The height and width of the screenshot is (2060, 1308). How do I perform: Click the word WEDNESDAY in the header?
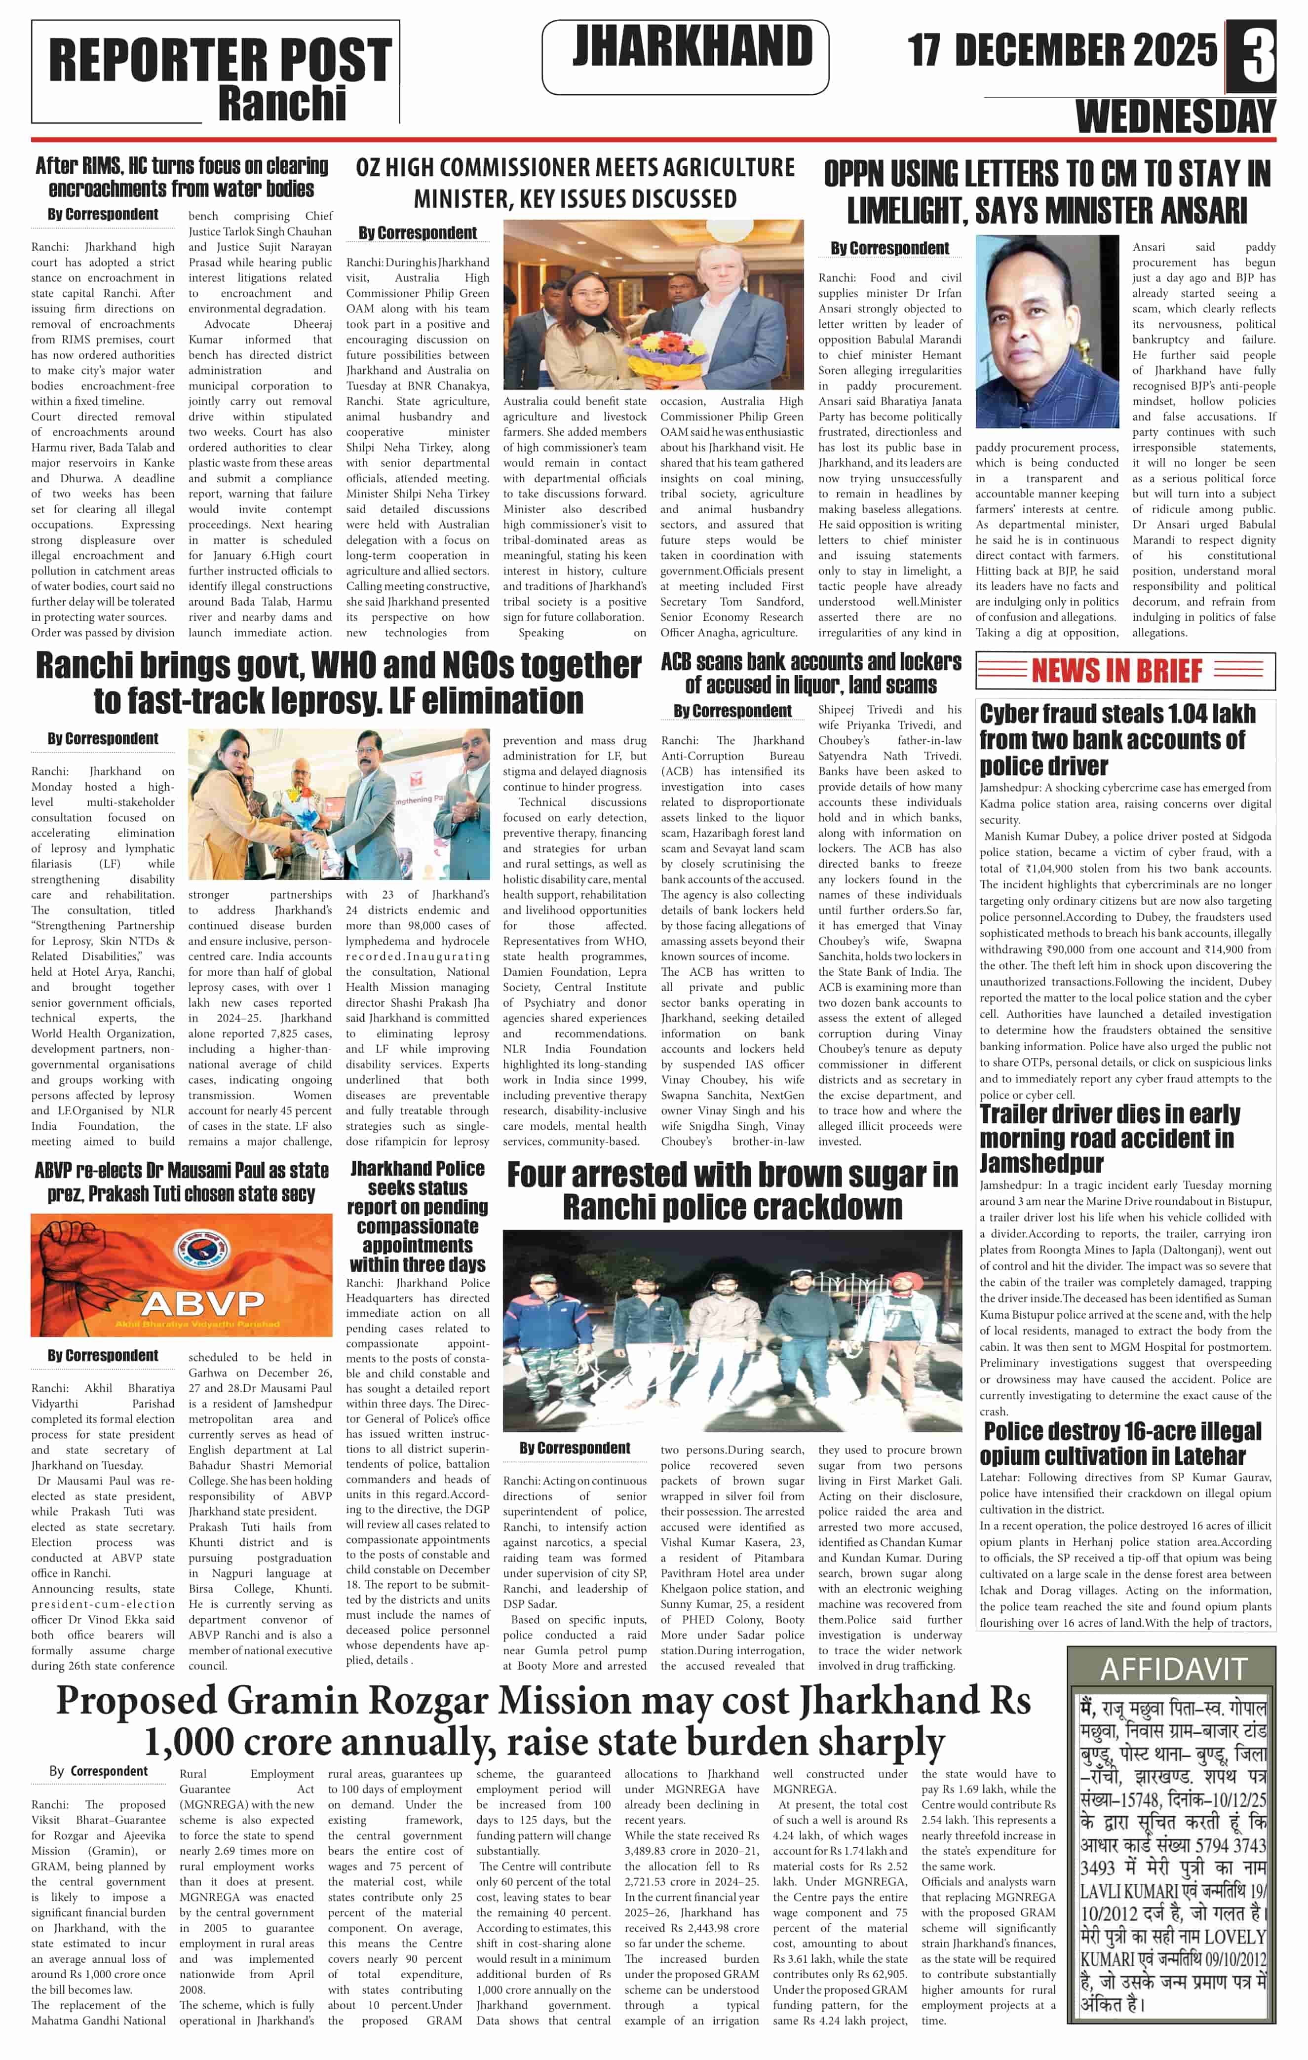[x=1175, y=115]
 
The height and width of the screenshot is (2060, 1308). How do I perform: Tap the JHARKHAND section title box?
[x=685, y=56]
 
